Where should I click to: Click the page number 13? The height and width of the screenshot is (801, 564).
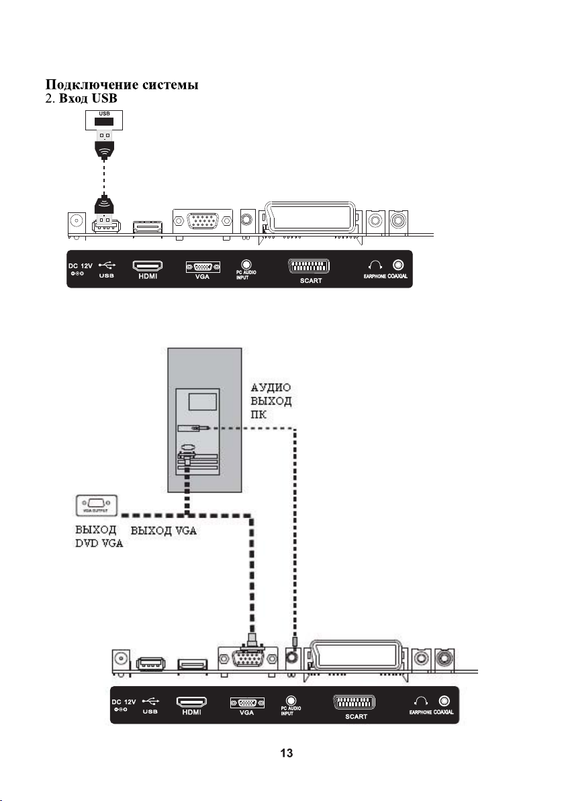coord(286,753)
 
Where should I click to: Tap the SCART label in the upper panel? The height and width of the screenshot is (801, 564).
coord(311,280)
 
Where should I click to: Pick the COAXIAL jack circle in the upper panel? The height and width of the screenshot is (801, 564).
coord(399,265)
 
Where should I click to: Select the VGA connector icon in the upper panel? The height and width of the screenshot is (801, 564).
coord(203,266)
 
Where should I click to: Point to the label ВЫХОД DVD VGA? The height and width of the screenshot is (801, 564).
coord(95,536)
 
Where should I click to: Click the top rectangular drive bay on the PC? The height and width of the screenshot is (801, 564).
coord(203,402)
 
